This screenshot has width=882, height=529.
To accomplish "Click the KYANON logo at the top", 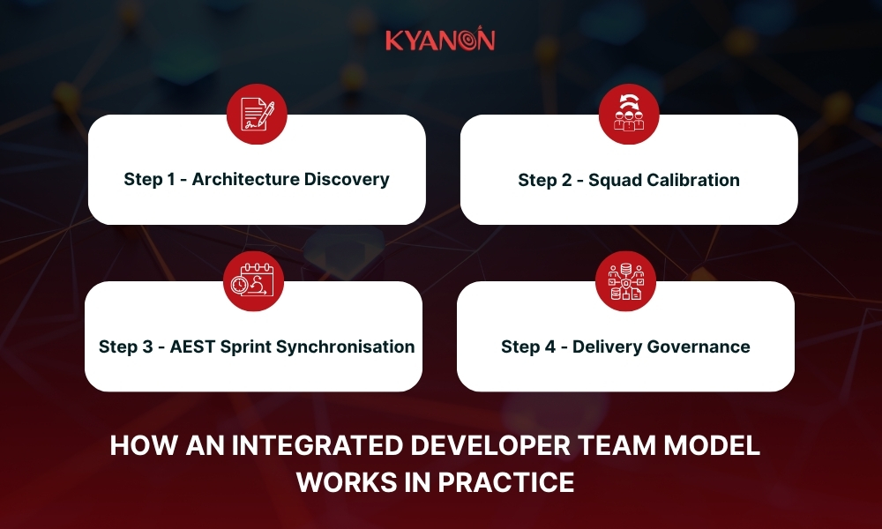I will point(440,41).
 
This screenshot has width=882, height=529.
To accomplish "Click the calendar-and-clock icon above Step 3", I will point(252,281).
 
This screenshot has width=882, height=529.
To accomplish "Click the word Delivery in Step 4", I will point(606,346).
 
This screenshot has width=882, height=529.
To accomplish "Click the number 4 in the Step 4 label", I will point(549,346).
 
